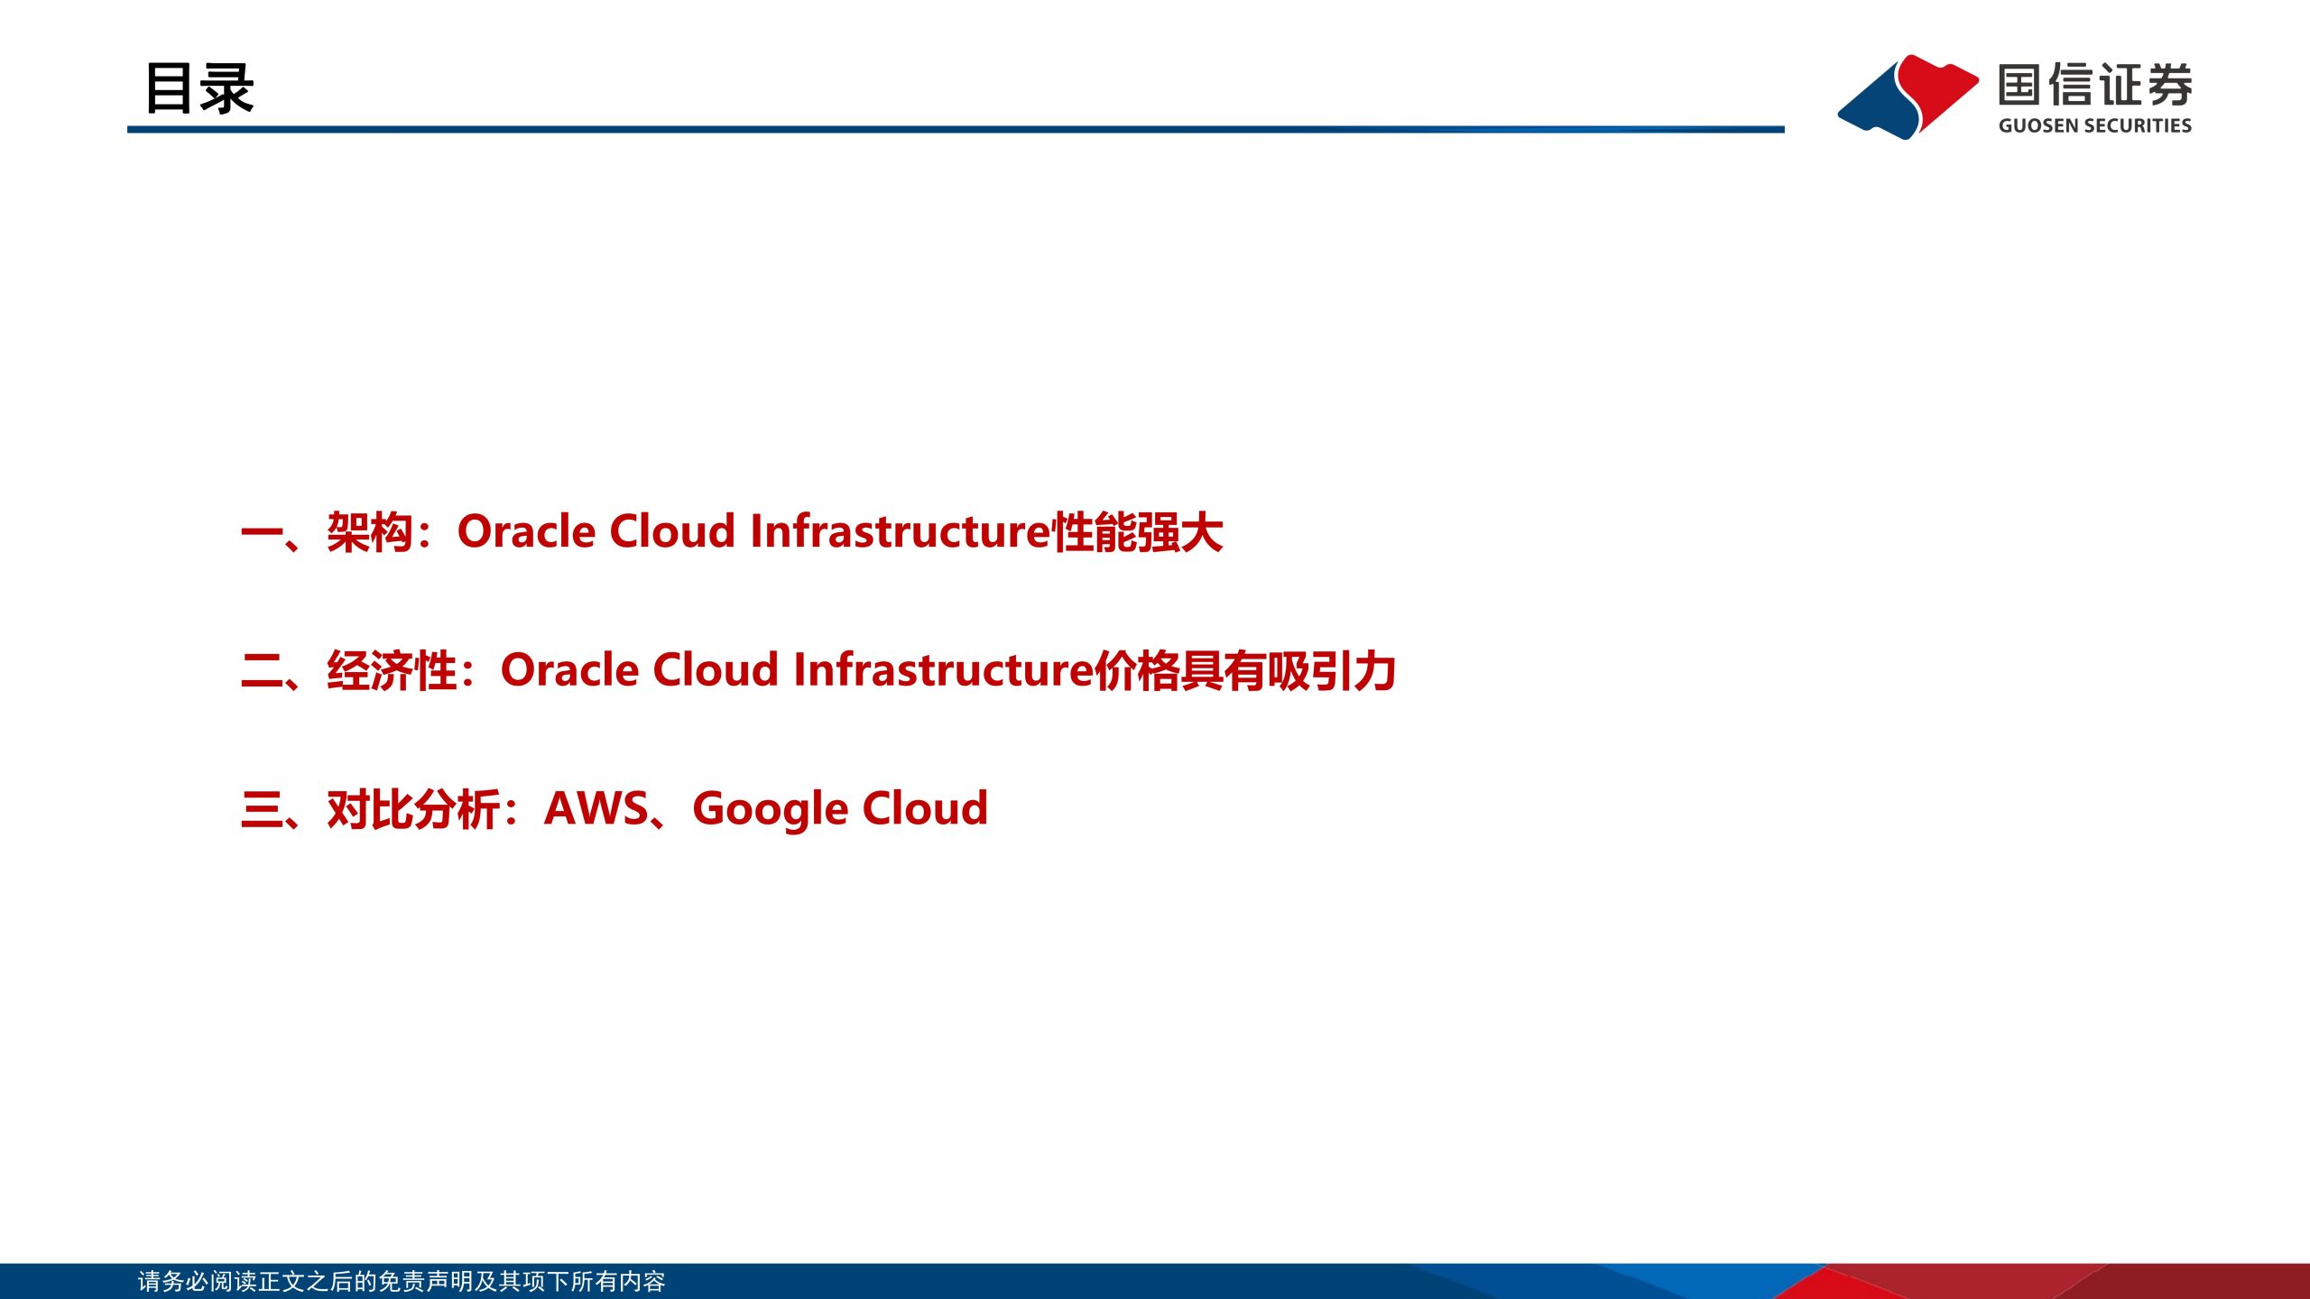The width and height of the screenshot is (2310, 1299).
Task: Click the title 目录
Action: [x=199, y=88]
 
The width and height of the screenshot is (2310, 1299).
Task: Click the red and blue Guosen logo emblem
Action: [x=1908, y=97]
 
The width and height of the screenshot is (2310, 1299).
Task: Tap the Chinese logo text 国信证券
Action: [x=2095, y=85]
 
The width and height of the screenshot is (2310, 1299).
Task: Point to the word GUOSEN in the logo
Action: [x=2037, y=125]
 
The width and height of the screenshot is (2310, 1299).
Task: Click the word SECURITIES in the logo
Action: [x=2136, y=125]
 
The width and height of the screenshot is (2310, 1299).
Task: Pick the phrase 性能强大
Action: [x=1138, y=531]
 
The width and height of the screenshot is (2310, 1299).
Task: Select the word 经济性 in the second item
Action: [x=392, y=670]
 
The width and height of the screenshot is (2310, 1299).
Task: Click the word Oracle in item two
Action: [x=570, y=669]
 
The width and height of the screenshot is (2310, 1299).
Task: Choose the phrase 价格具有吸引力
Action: [x=1246, y=670]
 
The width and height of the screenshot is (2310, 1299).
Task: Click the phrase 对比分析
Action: [x=413, y=808]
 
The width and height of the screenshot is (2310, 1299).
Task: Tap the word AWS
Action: [x=596, y=808]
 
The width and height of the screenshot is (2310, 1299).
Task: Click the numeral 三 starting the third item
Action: [x=263, y=809]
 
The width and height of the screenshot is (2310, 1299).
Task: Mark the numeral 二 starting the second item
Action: [x=263, y=671]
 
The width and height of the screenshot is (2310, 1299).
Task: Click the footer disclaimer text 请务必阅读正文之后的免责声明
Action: [x=305, y=1281]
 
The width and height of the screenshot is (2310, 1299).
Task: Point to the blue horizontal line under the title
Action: [x=956, y=130]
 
